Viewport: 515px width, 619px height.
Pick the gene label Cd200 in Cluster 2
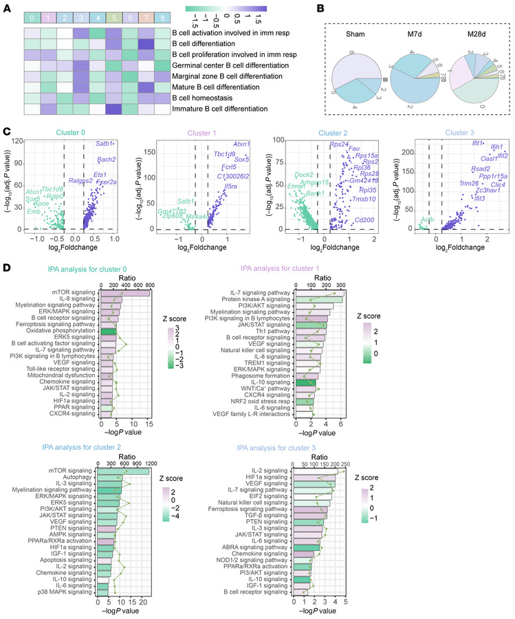pos(364,219)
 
